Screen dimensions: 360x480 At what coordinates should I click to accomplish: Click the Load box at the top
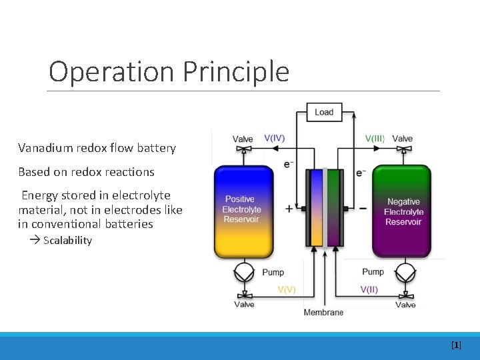click(x=324, y=112)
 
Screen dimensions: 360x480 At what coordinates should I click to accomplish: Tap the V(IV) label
click(x=275, y=139)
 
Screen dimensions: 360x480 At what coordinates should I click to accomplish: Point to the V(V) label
click(x=287, y=289)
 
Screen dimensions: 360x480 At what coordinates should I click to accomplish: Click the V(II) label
click(x=369, y=289)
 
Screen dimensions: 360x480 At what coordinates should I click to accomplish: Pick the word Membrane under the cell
click(x=323, y=312)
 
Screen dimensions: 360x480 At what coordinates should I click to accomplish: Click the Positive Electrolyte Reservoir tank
click(x=243, y=210)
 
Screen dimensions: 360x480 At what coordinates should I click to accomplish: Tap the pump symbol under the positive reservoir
click(x=244, y=272)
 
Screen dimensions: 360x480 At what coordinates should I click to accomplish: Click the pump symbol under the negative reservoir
click(x=404, y=272)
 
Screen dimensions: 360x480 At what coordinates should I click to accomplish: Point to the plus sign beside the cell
click(x=289, y=209)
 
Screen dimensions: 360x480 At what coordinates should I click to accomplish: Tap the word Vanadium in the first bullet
click(x=45, y=148)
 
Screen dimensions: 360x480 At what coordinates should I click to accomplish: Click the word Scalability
click(x=67, y=241)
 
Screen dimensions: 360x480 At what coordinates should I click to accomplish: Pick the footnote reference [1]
click(x=456, y=345)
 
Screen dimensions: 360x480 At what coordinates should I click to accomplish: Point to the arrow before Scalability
click(x=35, y=241)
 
